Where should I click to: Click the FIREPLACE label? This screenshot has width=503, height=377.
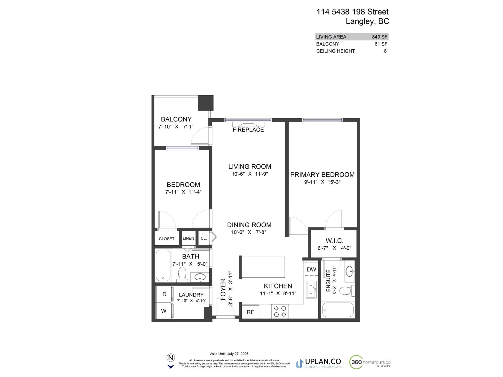pos(248,130)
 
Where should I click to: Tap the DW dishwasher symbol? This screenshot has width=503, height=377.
pos(311,270)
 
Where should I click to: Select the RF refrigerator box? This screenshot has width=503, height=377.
pos(250,312)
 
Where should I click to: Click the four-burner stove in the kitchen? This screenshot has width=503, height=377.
pos(280,311)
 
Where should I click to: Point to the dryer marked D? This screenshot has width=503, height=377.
pos(164,294)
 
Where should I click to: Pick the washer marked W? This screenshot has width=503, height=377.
pos(164,311)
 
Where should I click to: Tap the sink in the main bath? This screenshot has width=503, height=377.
pos(200,277)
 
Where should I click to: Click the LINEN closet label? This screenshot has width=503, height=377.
pos(188,238)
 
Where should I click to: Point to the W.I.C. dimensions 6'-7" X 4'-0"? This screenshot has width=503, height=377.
pos(334,248)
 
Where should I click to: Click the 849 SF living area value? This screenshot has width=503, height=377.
pos(379,37)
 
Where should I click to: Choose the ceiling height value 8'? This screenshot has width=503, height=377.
pos(385,51)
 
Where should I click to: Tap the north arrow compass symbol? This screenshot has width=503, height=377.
pos(171,361)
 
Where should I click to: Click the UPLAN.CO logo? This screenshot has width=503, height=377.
pos(318,363)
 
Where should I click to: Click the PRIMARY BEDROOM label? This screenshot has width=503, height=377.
pos(322,175)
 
